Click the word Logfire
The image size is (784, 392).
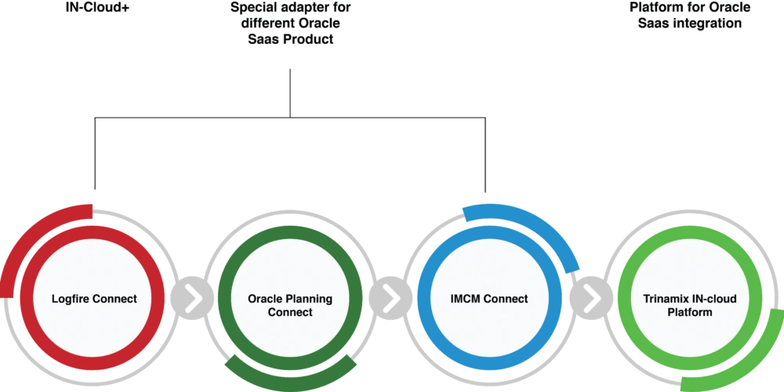pyautogui.click(x=71, y=299)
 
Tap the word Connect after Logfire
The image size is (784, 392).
pyautogui.click(x=115, y=299)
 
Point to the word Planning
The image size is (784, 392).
pyautogui.click(x=309, y=299)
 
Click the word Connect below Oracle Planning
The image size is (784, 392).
pyautogui.click(x=290, y=312)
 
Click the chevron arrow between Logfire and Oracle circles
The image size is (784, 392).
pyautogui.click(x=191, y=299)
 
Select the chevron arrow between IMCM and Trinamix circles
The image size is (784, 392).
pyautogui.click(x=592, y=299)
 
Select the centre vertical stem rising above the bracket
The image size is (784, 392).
pyautogui.click(x=291, y=86)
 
